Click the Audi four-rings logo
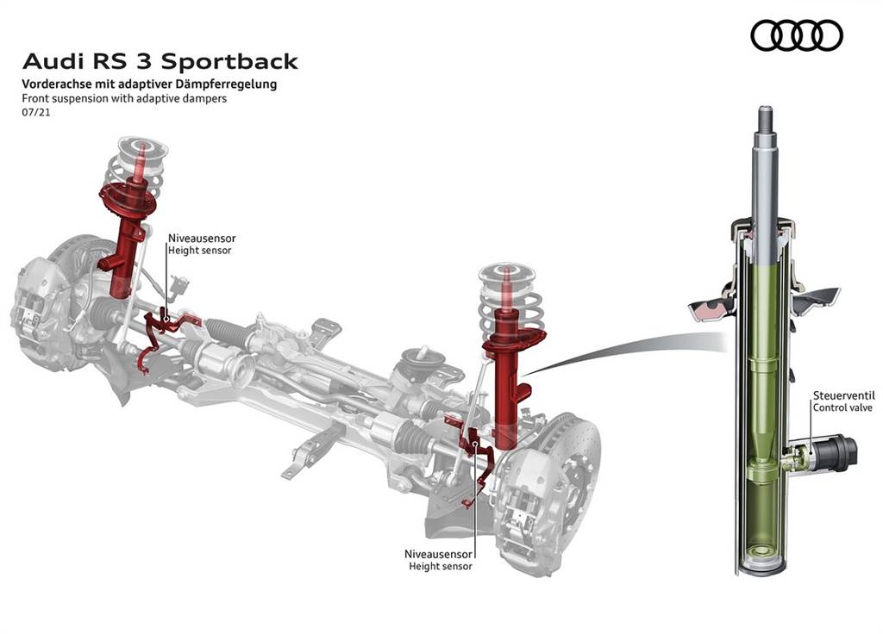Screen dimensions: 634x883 click(796, 35)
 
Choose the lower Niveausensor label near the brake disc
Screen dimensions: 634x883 click(439, 553)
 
